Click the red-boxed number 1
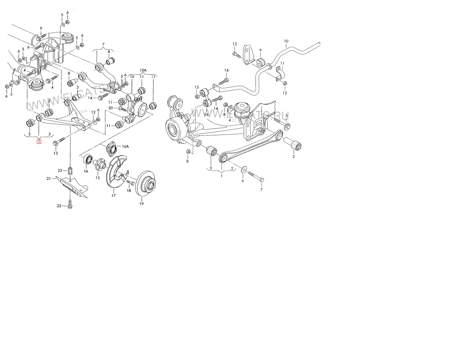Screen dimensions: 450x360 tap(39, 142)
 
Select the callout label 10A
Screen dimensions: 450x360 tap(143, 70)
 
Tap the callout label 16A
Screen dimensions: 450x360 tap(125, 146)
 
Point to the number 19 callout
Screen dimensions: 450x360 tap(142, 204)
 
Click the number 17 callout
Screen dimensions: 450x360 tap(113, 195)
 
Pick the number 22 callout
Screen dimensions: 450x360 tap(59, 206)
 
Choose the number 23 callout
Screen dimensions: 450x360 tap(60, 171)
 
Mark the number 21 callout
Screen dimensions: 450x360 tap(49, 179)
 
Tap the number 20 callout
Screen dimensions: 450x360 tap(110, 108)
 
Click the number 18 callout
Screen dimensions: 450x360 tap(129, 191)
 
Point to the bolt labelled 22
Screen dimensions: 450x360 tap(70, 204)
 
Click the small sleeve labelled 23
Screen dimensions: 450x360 tap(70, 171)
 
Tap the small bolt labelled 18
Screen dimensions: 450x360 tap(130, 183)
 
